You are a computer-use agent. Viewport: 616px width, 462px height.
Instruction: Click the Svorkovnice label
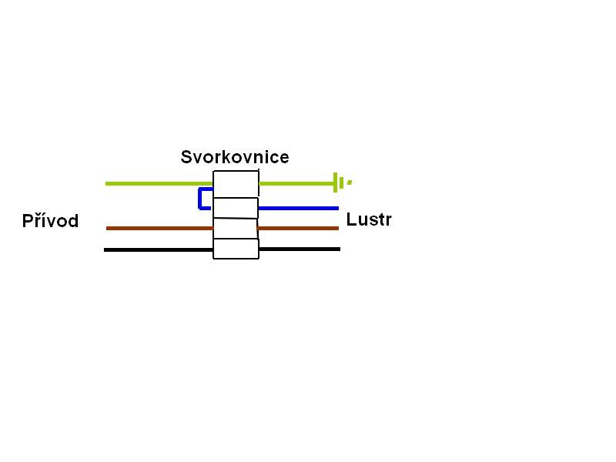[235, 157]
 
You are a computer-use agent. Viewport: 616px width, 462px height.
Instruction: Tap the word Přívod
[50, 220]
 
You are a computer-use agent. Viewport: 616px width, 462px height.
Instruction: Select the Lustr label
[369, 219]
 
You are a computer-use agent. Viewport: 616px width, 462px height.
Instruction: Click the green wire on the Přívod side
[159, 183]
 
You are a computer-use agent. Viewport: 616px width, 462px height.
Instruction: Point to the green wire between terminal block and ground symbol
[296, 183]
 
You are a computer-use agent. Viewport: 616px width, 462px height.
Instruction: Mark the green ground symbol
[343, 182]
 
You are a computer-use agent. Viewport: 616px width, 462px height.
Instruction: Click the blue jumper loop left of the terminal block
[199, 199]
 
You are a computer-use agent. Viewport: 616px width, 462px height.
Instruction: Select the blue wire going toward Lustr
[298, 208]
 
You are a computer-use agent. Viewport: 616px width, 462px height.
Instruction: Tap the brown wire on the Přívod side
[160, 228]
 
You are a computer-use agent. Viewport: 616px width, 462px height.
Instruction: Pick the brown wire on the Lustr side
[298, 228]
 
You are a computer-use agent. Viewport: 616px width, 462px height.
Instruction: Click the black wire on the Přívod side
[159, 249]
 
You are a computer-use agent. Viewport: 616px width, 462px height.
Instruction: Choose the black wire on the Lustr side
[300, 249]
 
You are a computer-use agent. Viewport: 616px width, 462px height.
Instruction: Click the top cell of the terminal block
[236, 184]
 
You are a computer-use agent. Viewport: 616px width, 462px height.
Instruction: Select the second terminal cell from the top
[236, 208]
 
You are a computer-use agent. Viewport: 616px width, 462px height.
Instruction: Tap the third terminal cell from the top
[236, 228]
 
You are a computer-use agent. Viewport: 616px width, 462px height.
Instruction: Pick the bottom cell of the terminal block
[236, 249]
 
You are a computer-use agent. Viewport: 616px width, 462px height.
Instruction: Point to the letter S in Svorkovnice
[186, 157]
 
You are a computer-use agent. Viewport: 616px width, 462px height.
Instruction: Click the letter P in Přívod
[28, 221]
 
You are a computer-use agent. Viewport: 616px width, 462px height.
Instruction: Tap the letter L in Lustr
[351, 219]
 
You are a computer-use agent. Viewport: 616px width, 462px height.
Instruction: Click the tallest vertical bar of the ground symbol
[335, 182]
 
